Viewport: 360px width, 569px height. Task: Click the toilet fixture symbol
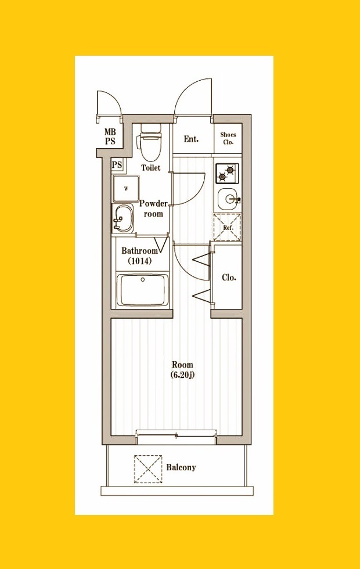coord(150,143)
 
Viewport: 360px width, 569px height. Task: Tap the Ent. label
coord(191,139)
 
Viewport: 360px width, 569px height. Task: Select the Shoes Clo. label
coord(228,138)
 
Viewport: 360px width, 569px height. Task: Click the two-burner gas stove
coord(227,173)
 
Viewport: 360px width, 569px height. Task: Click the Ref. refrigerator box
coord(227,228)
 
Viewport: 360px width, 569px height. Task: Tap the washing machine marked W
coord(126,188)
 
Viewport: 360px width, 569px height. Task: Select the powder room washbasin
coord(123,218)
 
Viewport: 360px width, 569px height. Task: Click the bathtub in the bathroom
coord(143,290)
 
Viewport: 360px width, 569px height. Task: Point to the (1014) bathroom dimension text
coord(140,261)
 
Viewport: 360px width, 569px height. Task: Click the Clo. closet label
coord(229,278)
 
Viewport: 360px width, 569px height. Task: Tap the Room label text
coord(182,365)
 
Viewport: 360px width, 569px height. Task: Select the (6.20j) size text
coord(182,375)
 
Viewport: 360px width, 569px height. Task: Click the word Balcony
coord(181,467)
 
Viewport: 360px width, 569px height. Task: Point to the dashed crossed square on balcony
coord(148,469)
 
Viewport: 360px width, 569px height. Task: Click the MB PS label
coord(110,136)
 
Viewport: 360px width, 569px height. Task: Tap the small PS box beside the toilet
coord(117,165)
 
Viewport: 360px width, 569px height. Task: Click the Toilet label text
coord(150,168)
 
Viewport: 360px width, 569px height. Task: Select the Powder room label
coord(153,208)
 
